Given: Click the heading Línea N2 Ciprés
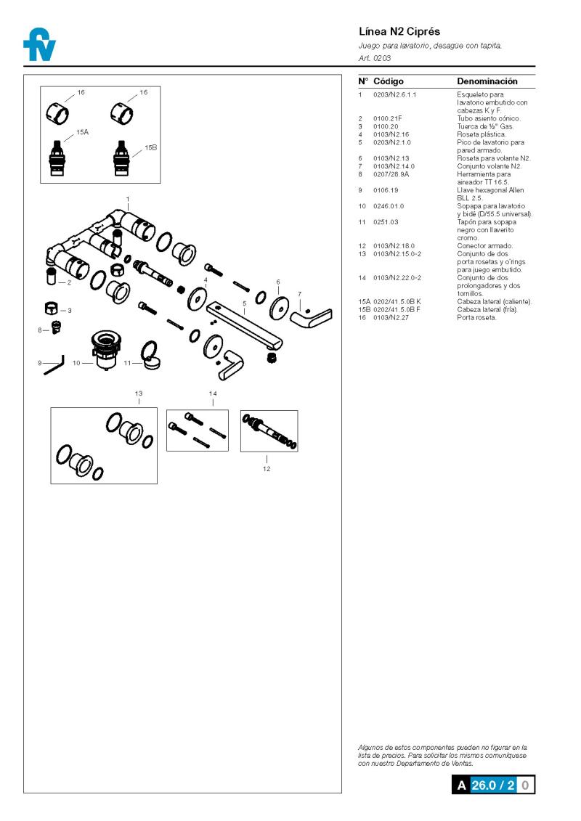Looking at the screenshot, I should point(399,32).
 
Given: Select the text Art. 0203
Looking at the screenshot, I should point(375,57).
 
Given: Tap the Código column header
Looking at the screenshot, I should point(389,81).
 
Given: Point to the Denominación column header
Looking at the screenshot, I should point(487,81).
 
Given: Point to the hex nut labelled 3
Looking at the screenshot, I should point(52,309).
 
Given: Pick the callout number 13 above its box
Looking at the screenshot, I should point(139,393).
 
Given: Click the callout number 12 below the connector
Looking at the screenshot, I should point(267,469).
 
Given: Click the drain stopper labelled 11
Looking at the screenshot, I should point(150,357).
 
